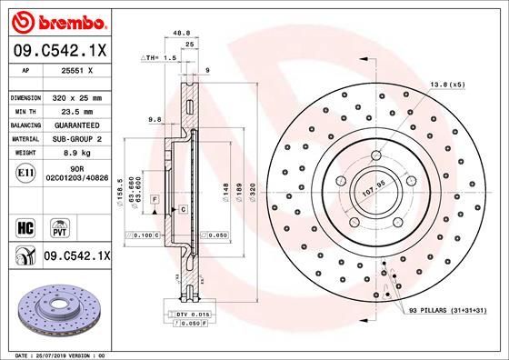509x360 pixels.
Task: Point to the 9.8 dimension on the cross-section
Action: tap(154, 117)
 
